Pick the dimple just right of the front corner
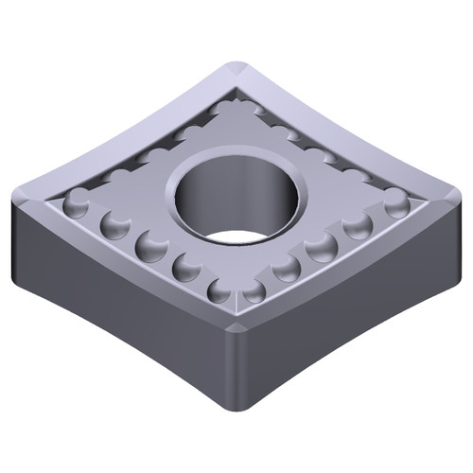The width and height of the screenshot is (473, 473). coord(254,289)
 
